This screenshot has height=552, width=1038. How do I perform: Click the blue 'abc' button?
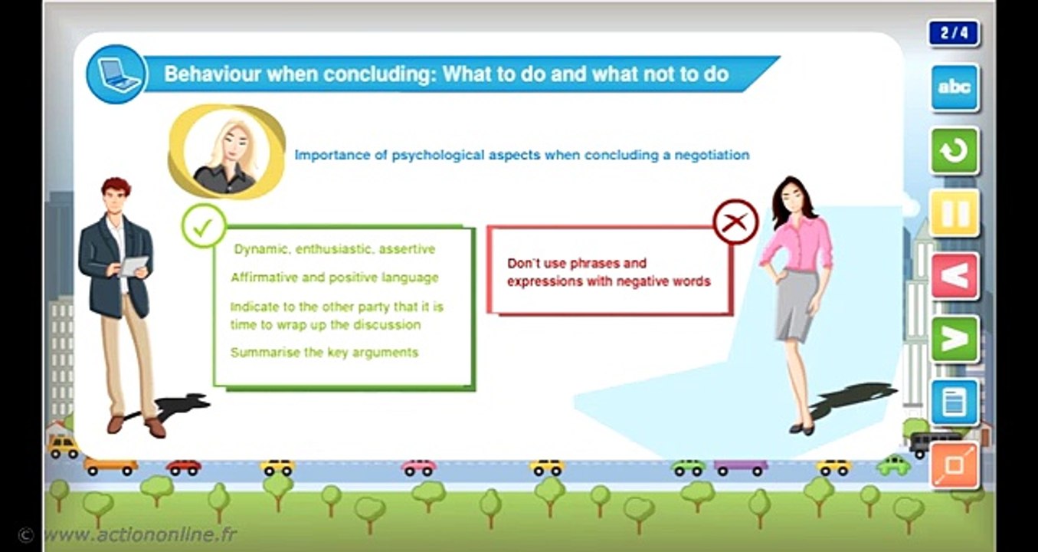pos(955,87)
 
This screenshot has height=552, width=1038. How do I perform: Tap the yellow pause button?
pos(955,213)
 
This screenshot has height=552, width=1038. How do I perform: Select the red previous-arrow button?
pos(955,276)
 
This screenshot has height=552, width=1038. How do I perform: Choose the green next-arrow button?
pos(955,339)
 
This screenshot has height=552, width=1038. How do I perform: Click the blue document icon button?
pos(955,402)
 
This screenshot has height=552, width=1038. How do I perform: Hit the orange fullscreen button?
pos(955,465)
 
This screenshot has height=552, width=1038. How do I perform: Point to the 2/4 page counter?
pos(954,33)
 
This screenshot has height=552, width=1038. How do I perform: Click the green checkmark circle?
pos(204,225)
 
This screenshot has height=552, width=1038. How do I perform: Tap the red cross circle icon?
pos(735,222)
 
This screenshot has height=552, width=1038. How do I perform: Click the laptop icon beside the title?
pos(116,74)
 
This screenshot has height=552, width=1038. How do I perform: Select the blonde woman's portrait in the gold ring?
pos(225,152)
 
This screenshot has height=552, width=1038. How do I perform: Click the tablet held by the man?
pos(134,265)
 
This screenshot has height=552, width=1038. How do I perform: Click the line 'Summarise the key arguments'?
pos(324,353)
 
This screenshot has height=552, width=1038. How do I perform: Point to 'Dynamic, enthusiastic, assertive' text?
pos(335,249)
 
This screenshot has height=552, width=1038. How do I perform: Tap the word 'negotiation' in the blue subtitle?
pos(711,155)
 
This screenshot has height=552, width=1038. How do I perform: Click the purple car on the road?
pos(741,465)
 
